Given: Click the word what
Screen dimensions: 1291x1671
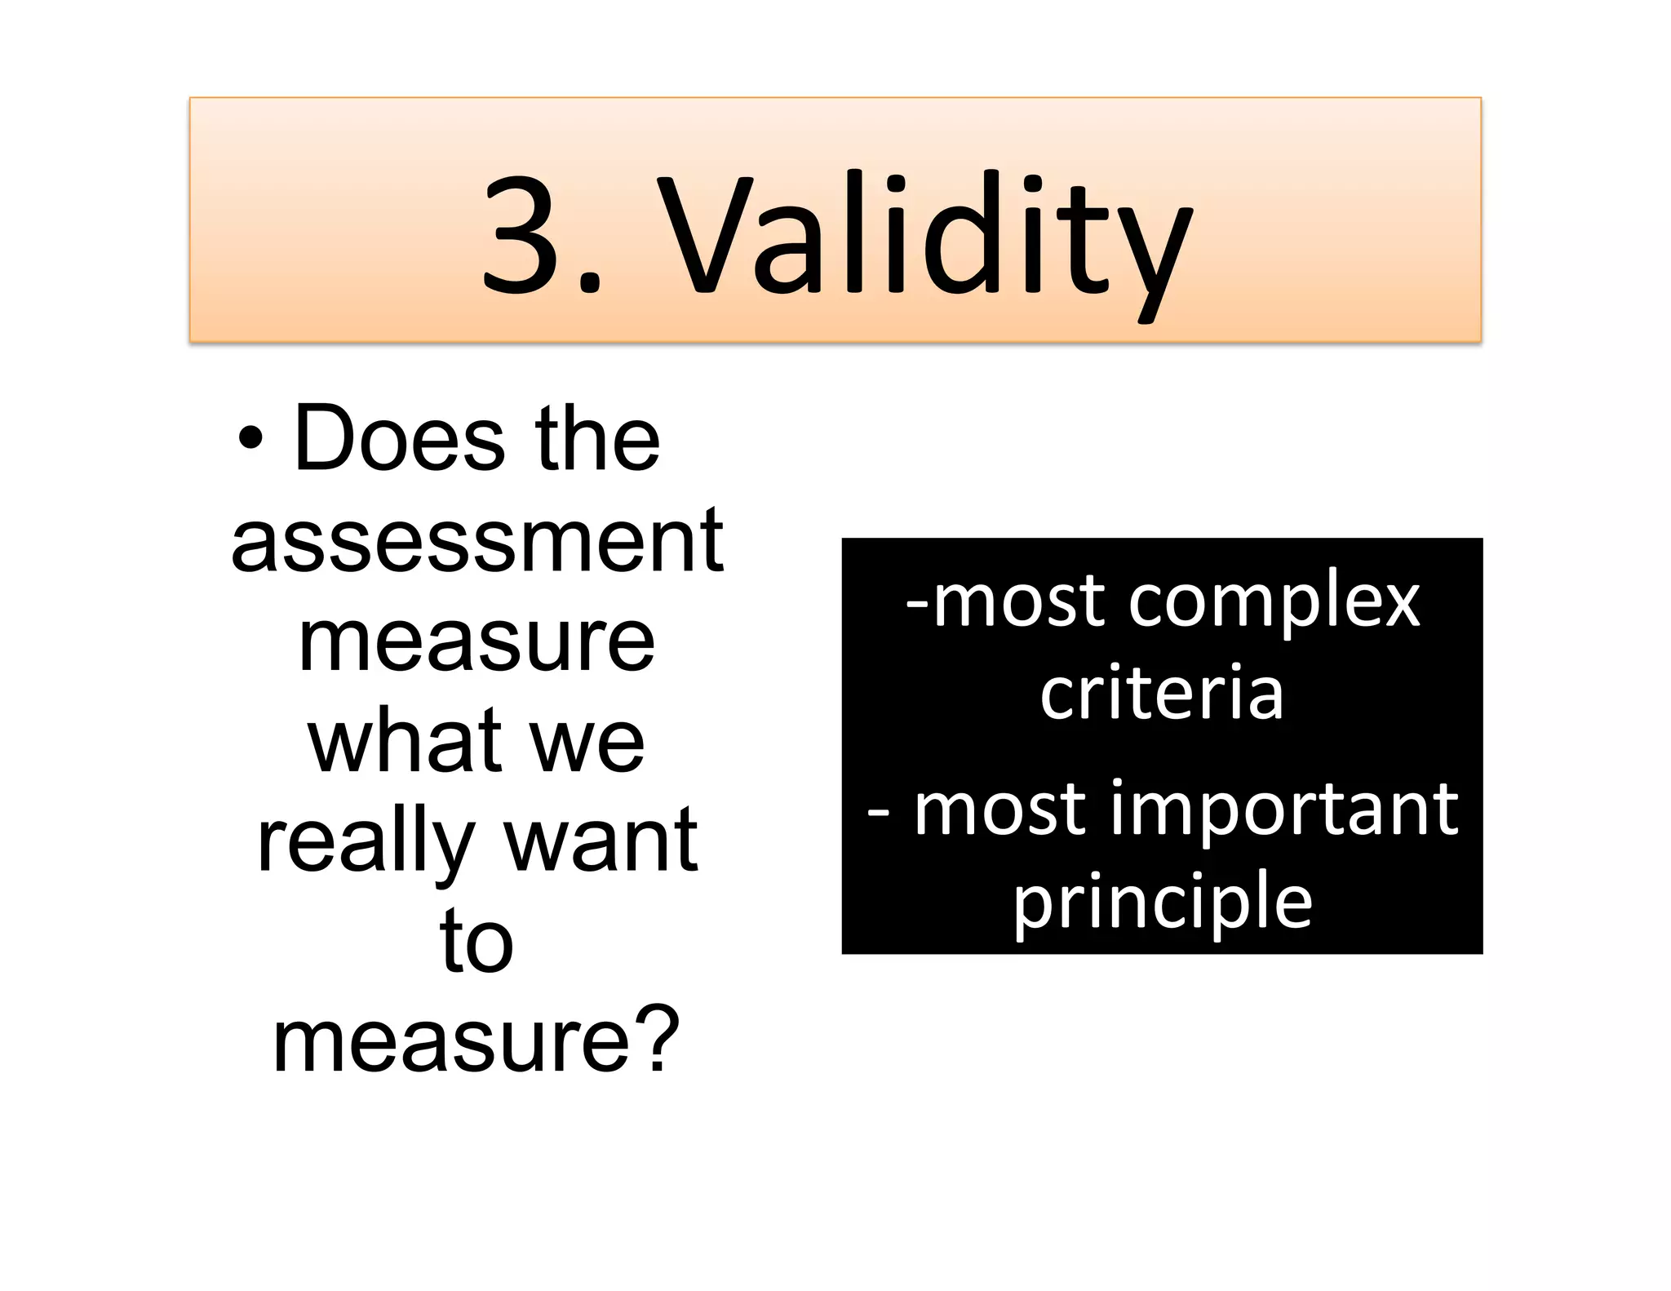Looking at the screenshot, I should coord(405,741).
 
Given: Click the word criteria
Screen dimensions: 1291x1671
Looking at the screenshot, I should coord(1162,694).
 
